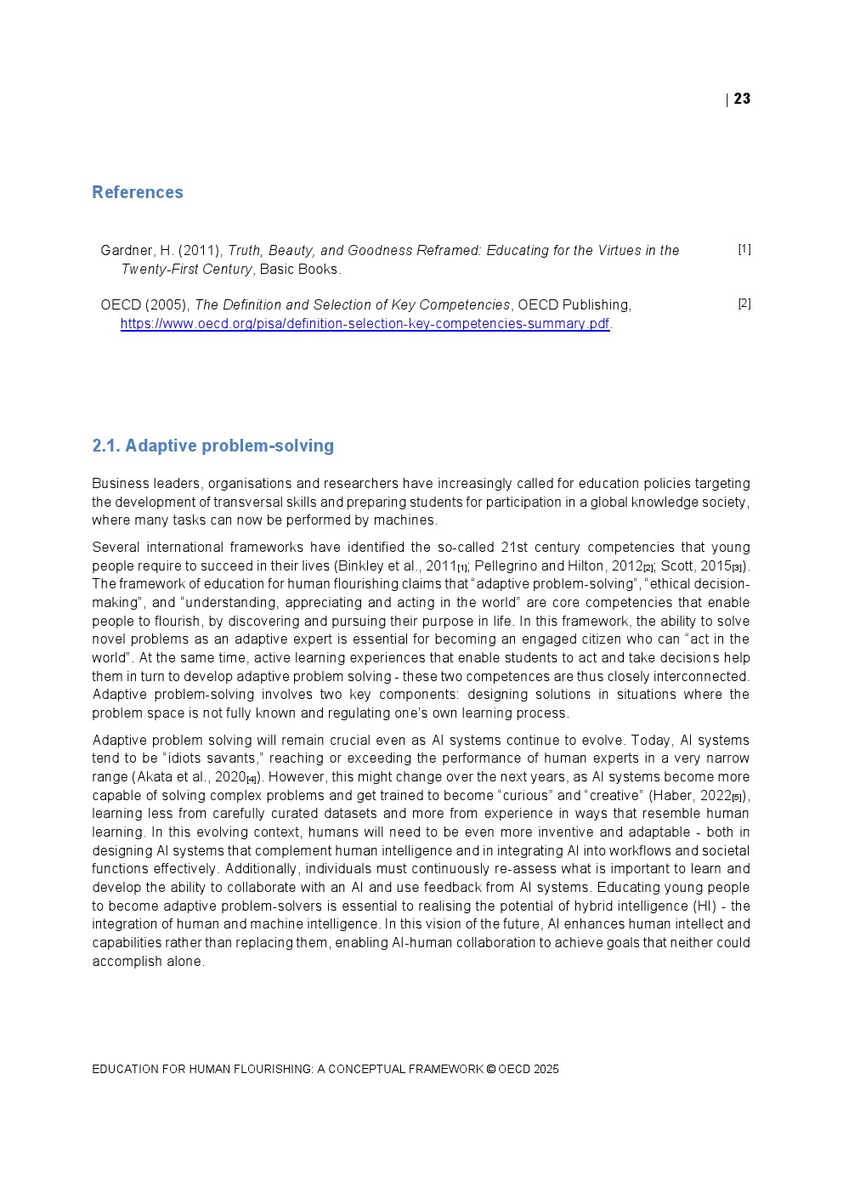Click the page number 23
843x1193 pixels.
(x=742, y=99)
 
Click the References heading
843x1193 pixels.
(x=138, y=192)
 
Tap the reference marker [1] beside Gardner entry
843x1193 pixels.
(x=744, y=249)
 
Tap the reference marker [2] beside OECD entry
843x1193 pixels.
(x=744, y=304)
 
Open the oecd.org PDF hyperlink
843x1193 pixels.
(x=365, y=324)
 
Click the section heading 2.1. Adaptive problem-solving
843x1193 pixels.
(x=212, y=446)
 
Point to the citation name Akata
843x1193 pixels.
(x=154, y=777)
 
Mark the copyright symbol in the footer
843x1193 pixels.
(x=490, y=1070)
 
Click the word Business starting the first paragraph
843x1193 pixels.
(x=119, y=484)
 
